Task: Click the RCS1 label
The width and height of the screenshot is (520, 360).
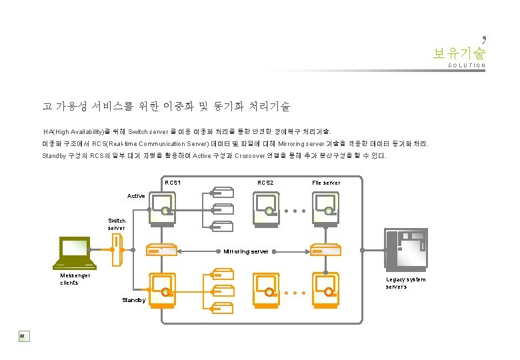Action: [173, 183]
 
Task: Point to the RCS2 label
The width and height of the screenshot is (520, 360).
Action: [265, 183]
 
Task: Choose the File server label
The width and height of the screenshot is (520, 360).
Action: [326, 183]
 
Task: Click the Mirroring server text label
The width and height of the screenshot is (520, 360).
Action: [246, 251]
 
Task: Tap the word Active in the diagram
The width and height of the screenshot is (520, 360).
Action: [136, 196]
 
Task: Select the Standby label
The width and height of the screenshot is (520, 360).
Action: [133, 300]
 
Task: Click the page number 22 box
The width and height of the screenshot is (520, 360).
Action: [22, 335]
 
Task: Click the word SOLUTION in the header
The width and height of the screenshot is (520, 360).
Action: [467, 66]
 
